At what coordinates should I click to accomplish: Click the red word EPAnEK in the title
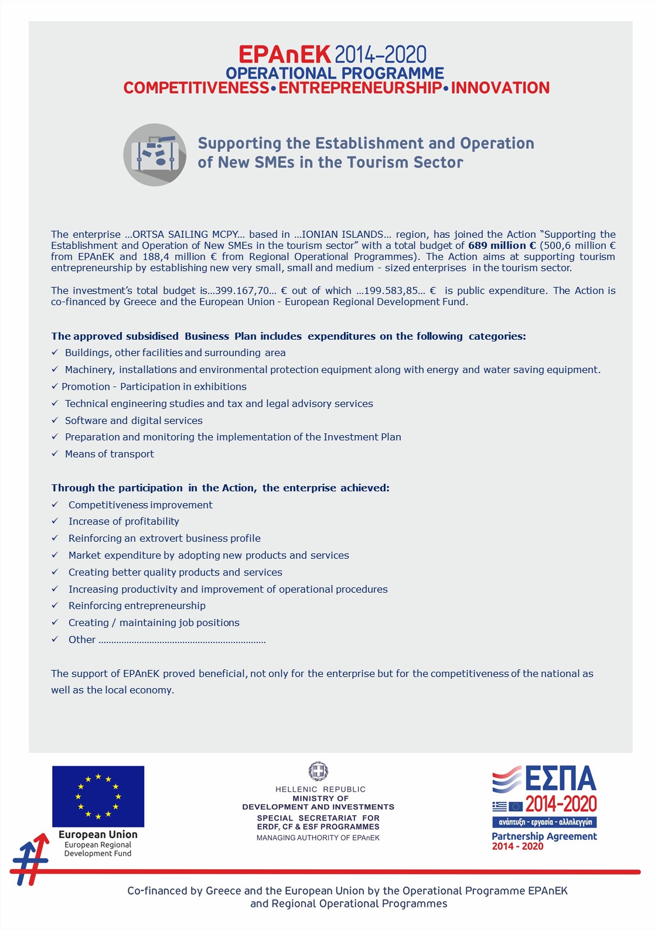tap(285, 55)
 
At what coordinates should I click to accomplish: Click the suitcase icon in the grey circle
tap(155, 155)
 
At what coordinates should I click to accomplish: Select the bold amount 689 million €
tap(502, 245)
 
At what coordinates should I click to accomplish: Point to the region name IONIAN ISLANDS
tap(342, 234)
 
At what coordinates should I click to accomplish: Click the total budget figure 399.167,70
tap(243, 290)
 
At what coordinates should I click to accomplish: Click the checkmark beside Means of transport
tap(55, 453)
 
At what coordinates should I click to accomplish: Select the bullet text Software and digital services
tap(134, 420)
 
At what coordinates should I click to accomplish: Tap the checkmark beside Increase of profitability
tap(55, 521)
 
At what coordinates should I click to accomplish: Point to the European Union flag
tap(98, 796)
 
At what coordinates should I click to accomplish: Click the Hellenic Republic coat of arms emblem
tap(318, 771)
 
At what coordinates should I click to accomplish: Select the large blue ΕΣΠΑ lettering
tap(560, 779)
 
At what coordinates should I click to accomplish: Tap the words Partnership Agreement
tap(544, 836)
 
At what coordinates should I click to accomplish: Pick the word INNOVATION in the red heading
tap(500, 88)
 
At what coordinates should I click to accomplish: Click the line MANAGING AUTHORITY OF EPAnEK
tap(318, 838)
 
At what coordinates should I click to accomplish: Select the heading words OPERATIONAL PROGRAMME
tap(335, 73)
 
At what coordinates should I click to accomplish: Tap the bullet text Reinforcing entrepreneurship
tap(137, 606)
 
